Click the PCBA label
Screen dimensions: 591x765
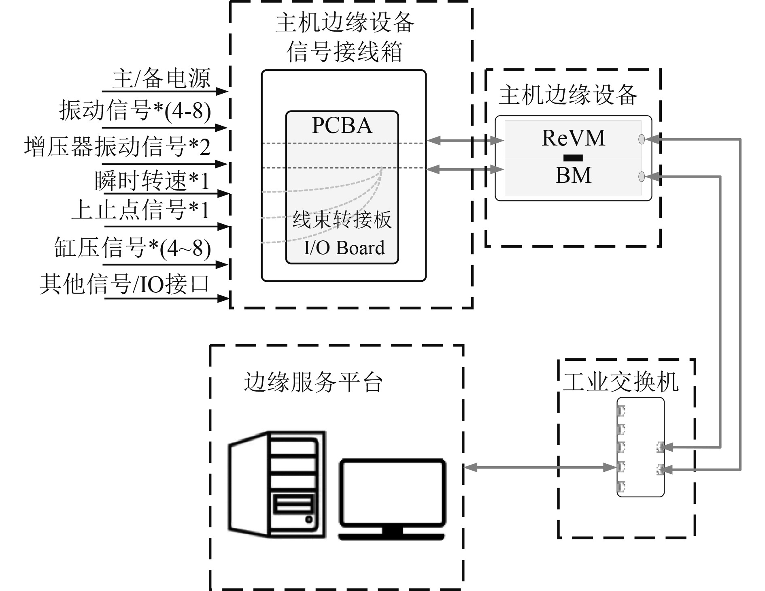pyautogui.click(x=342, y=125)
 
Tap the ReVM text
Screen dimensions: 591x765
pyautogui.click(x=573, y=138)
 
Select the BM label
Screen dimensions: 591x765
pyautogui.click(x=573, y=175)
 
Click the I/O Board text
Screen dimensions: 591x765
pyautogui.click(x=344, y=248)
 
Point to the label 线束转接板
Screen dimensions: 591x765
pyautogui.click(x=342, y=220)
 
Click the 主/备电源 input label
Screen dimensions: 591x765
pyautogui.click(x=161, y=78)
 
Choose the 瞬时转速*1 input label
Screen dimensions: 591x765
pyautogui.click(x=152, y=181)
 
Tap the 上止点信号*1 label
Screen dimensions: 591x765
pyautogui.click(x=140, y=210)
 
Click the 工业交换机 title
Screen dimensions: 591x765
pyautogui.click(x=620, y=381)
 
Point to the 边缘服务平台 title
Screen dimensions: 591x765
pyautogui.click(x=313, y=382)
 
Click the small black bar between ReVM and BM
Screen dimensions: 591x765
pyautogui.click(x=573, y=158)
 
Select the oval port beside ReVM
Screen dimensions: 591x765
pyautogui.click(x=641, y=139)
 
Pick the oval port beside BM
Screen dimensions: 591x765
pyautogui.click(x=641, y=176)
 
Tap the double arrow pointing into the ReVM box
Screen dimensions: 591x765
pyautogui.click(x=465, y=141)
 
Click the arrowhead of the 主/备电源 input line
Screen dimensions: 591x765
pyautogui.click(x=222, y=91)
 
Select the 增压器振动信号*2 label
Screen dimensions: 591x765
pyautogui.click(x=117, y=146)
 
